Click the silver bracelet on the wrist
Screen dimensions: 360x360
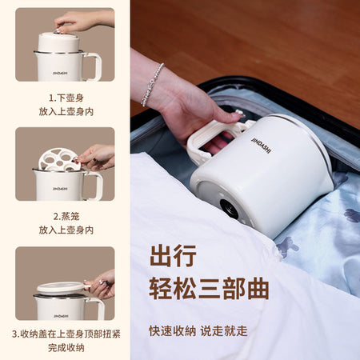pyautogui.click(x=152, y=85)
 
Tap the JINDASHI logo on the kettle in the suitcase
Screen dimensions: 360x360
pyautogui.click(x=261, y=145)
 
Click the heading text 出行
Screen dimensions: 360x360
pyautogui.click(x=173, y=256)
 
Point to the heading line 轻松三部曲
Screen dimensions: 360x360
pyautogui.click(x=209, y=289)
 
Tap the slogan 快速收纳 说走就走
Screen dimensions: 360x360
pyautogui.click(x=198, y=331)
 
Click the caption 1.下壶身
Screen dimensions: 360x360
pyautogui.click(x=66, y=98)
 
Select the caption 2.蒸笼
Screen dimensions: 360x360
pyautogui.click(x=66, y=216)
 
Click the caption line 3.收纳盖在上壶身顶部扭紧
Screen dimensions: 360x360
pyautogui.click(x=66, y=334)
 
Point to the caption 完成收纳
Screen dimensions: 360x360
pyautogui.click(x=66, y=347)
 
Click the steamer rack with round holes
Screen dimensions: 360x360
pyautogui.click(x=58, y=159)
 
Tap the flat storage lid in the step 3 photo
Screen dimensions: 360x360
pyautogui.click(x=61, y=289)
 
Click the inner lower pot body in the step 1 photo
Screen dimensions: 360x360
pyautogui.click(x=58, y=42)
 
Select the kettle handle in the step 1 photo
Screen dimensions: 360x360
pyautogui.click(x=94, y=66)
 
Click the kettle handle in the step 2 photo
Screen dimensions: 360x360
pyautogui.click(x=94, y=186)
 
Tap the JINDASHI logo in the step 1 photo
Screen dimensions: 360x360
pyautogui.click(x=60, y=73)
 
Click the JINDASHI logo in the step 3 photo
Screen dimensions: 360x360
pyautogui.click(x=61, y=316)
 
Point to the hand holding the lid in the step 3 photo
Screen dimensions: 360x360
pyautogui.click(x=100, y=285)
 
